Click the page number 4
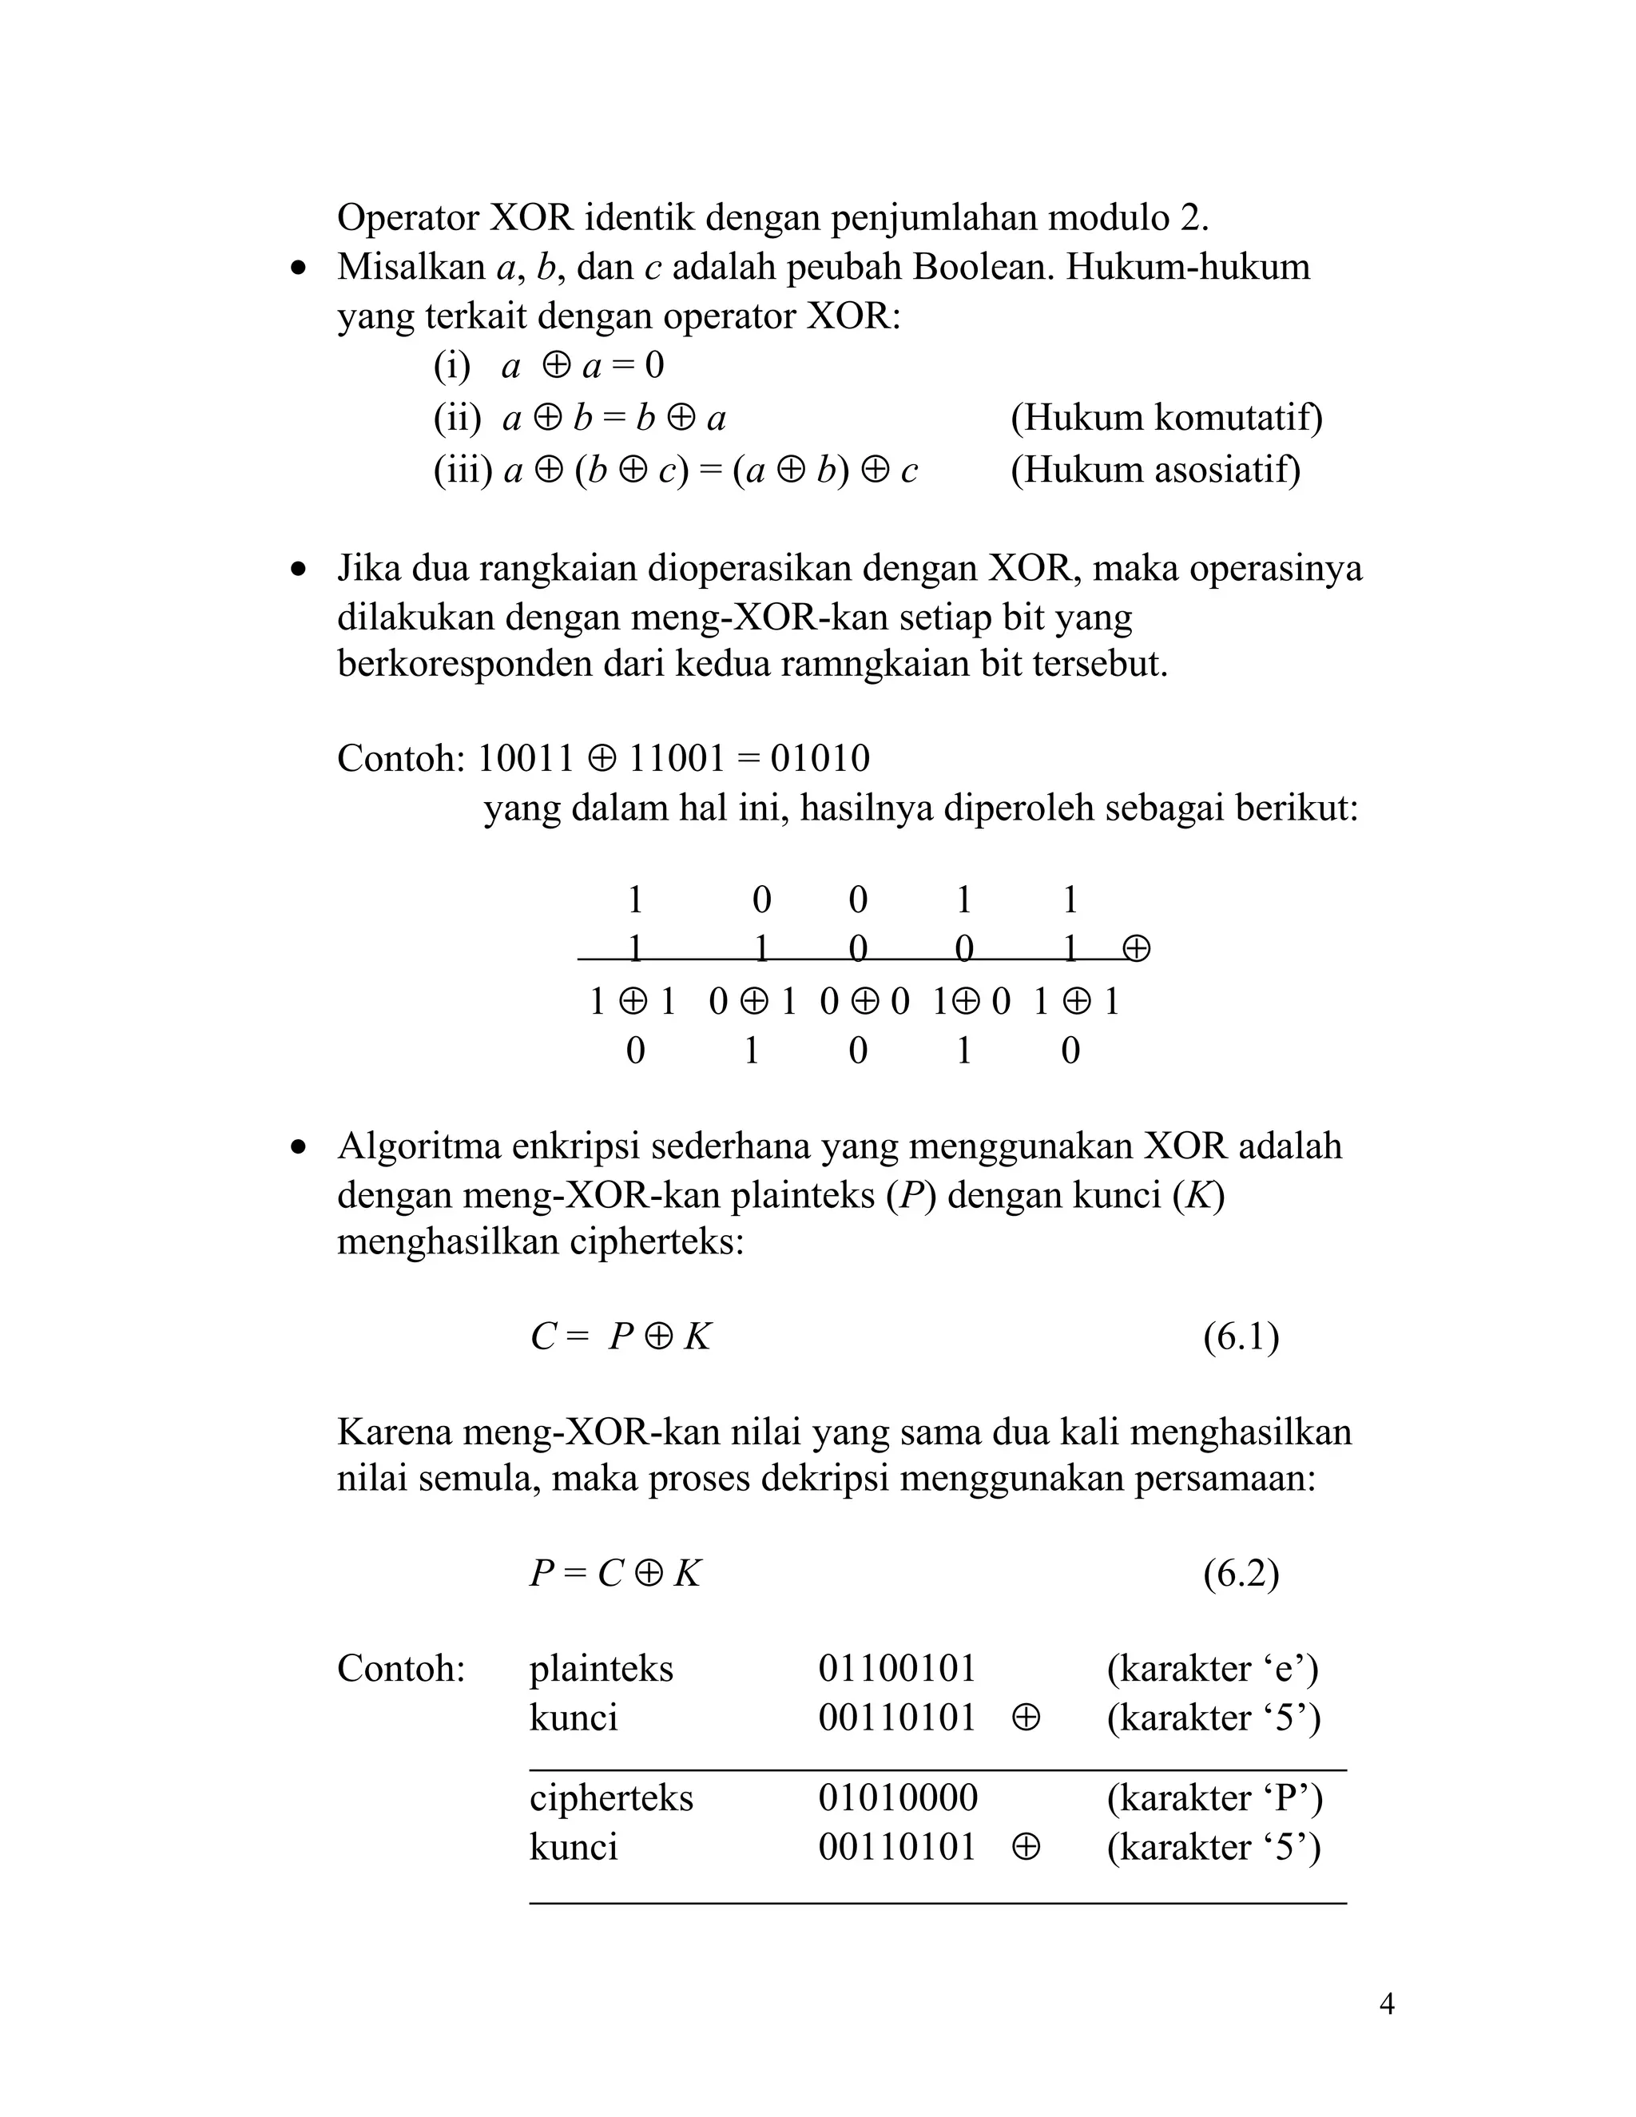(1386, 2004)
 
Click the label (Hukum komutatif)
(1166, 418)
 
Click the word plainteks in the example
(601, 1668)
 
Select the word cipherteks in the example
(610, 1798)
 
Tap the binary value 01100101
(896, 1668)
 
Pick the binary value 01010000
(897, 1798)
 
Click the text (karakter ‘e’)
(1212, 1668)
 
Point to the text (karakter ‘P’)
(1214, 1798)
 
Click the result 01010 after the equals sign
(820, 758)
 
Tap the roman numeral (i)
(451, 367)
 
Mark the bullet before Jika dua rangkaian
(300, 570)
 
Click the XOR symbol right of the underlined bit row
(1136, 948)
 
